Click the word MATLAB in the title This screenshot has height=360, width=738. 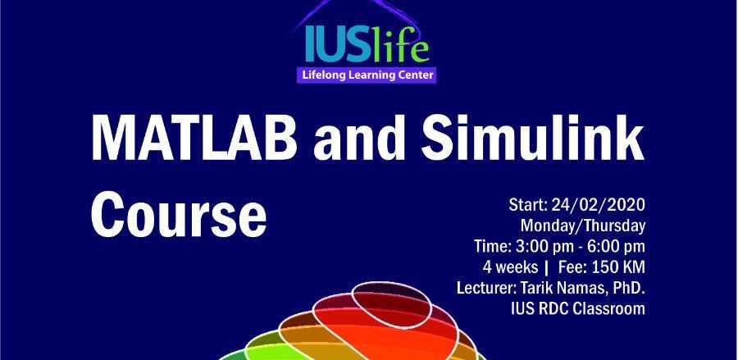pos(194,136)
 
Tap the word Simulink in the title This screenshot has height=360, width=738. pos(533,136)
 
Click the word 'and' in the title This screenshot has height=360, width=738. pos(358,136)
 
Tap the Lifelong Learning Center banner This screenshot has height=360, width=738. pos(367,75)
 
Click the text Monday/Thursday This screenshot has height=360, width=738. pos(583,226)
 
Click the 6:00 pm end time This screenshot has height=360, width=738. pos(613,246)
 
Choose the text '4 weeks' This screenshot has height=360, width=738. pos(510,267)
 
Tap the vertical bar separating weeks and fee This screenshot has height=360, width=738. pos(546,267)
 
